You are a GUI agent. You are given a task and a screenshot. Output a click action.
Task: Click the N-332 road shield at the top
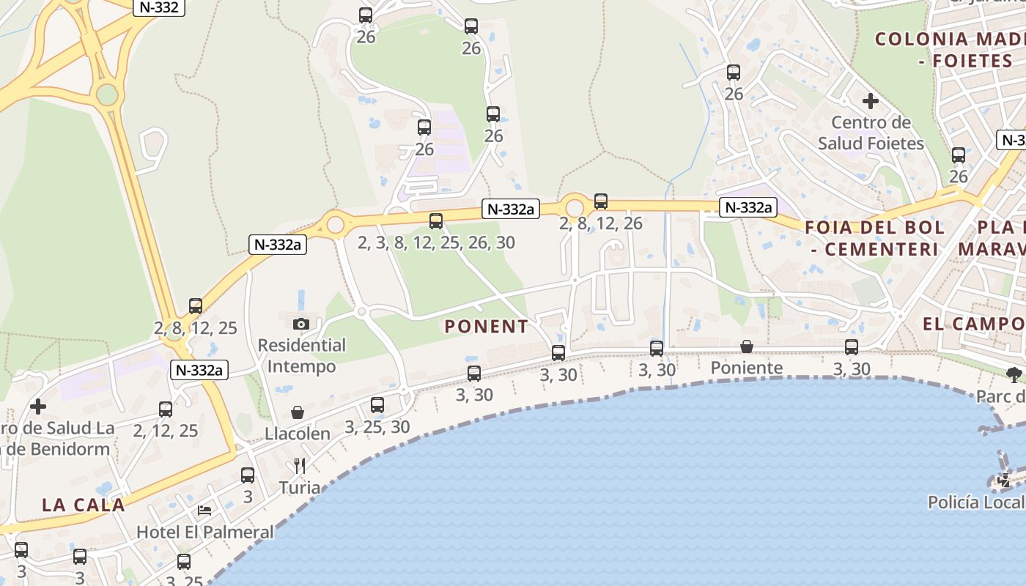pos(158,7)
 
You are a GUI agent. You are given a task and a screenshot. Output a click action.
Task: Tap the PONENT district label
pos(486,327)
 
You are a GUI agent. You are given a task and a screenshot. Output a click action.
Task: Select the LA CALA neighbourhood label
pos(84,505)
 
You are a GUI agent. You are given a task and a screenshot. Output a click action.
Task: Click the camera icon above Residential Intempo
pos(300,324)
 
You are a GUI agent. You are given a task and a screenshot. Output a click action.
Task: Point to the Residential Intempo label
pos(301,355)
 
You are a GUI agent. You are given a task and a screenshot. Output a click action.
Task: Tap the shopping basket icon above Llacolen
pos(298,412)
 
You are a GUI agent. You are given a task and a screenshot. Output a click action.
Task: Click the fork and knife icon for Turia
pos(299,466)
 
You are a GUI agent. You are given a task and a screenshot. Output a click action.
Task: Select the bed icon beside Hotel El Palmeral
pos(205,510)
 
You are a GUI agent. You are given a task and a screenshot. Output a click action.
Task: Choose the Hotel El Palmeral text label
pos(205,532)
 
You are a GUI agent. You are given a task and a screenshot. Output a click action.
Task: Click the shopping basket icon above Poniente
pos(747,346)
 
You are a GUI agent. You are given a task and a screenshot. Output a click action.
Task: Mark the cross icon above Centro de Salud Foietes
pos(871,100)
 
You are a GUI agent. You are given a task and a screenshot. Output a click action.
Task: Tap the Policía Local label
pos(976,502)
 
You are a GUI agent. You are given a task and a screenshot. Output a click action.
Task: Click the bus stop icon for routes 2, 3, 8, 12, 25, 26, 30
pos(436,220)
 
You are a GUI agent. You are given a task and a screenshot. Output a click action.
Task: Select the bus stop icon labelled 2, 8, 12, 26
pos(601,201)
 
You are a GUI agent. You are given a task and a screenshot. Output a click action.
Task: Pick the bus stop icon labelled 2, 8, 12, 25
pos(196,306)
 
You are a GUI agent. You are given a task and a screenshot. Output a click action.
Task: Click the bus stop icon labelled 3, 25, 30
pos(377,404)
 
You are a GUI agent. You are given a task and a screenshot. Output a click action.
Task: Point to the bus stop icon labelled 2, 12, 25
pos(166,409)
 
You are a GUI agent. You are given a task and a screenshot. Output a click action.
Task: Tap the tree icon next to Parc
pos(1014,376)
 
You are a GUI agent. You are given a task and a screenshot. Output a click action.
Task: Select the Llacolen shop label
pos(298,434)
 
